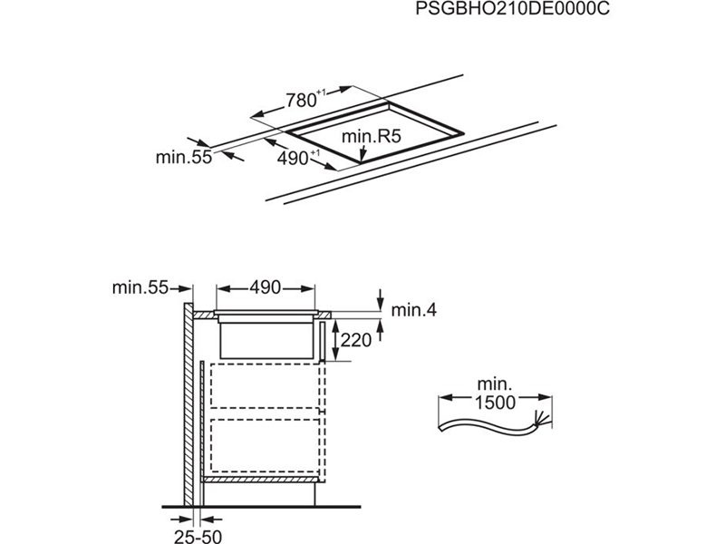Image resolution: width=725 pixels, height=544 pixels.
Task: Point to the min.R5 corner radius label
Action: click(372, 138)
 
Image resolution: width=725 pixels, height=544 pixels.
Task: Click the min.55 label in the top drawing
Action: click(182, 157)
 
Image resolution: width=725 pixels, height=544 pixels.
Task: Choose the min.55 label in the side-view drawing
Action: click(140, 288)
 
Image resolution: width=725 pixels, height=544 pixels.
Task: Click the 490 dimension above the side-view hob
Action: click(265, 288)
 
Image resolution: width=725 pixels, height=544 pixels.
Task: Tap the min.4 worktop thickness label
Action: click(414, 310)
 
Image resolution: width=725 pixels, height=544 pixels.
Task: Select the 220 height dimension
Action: click(356, 341)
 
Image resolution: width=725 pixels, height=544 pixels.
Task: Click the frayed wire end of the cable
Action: click(544, 419)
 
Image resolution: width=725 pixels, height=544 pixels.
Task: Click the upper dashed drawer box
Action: click(263, 389)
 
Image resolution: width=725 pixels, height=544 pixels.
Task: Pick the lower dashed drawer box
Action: click(263, 444)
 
